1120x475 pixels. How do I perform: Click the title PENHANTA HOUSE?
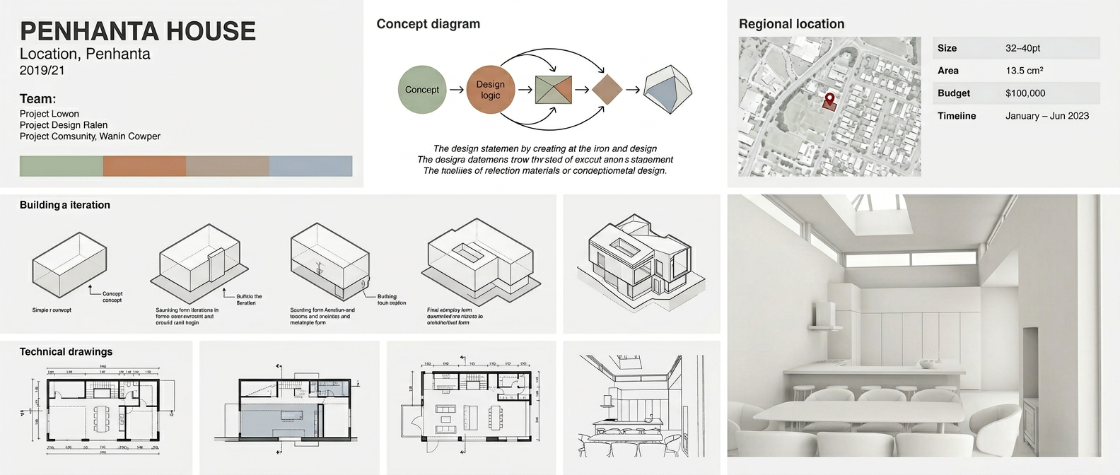click(x=138, y=31)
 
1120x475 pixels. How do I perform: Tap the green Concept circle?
click(x=422, y=90)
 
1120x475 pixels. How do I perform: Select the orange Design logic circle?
click(x=490, y=90)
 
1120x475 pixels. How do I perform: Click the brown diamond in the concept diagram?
click(x=607, y=90)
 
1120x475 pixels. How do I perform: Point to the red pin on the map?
click(x=829, y=100)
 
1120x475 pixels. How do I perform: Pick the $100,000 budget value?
click(x=1025, y=93)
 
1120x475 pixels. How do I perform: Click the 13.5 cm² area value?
click(x=1024, y=71)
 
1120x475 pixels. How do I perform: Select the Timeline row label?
click(x=956, y=116)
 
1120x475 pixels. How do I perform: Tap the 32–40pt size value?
click(x=1022, y=48)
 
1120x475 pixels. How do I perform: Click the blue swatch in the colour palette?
click(x=310, y=166)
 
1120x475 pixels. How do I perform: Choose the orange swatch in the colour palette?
click(x=144, y=166)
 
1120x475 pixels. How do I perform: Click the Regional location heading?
click(x=791, y=24)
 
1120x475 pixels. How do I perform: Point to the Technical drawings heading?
click(x=66, y=351)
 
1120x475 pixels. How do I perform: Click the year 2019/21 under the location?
click(x=42, y=70)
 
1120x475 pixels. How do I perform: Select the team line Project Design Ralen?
click(x=64, y=125)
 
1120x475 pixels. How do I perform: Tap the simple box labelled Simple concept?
click(x=69, y=264)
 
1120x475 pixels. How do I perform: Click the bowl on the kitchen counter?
click(x=926, y=364)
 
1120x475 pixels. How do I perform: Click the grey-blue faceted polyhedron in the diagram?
click(x=667, y=90)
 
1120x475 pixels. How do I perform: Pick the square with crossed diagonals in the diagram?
click(x=553, y=90)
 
